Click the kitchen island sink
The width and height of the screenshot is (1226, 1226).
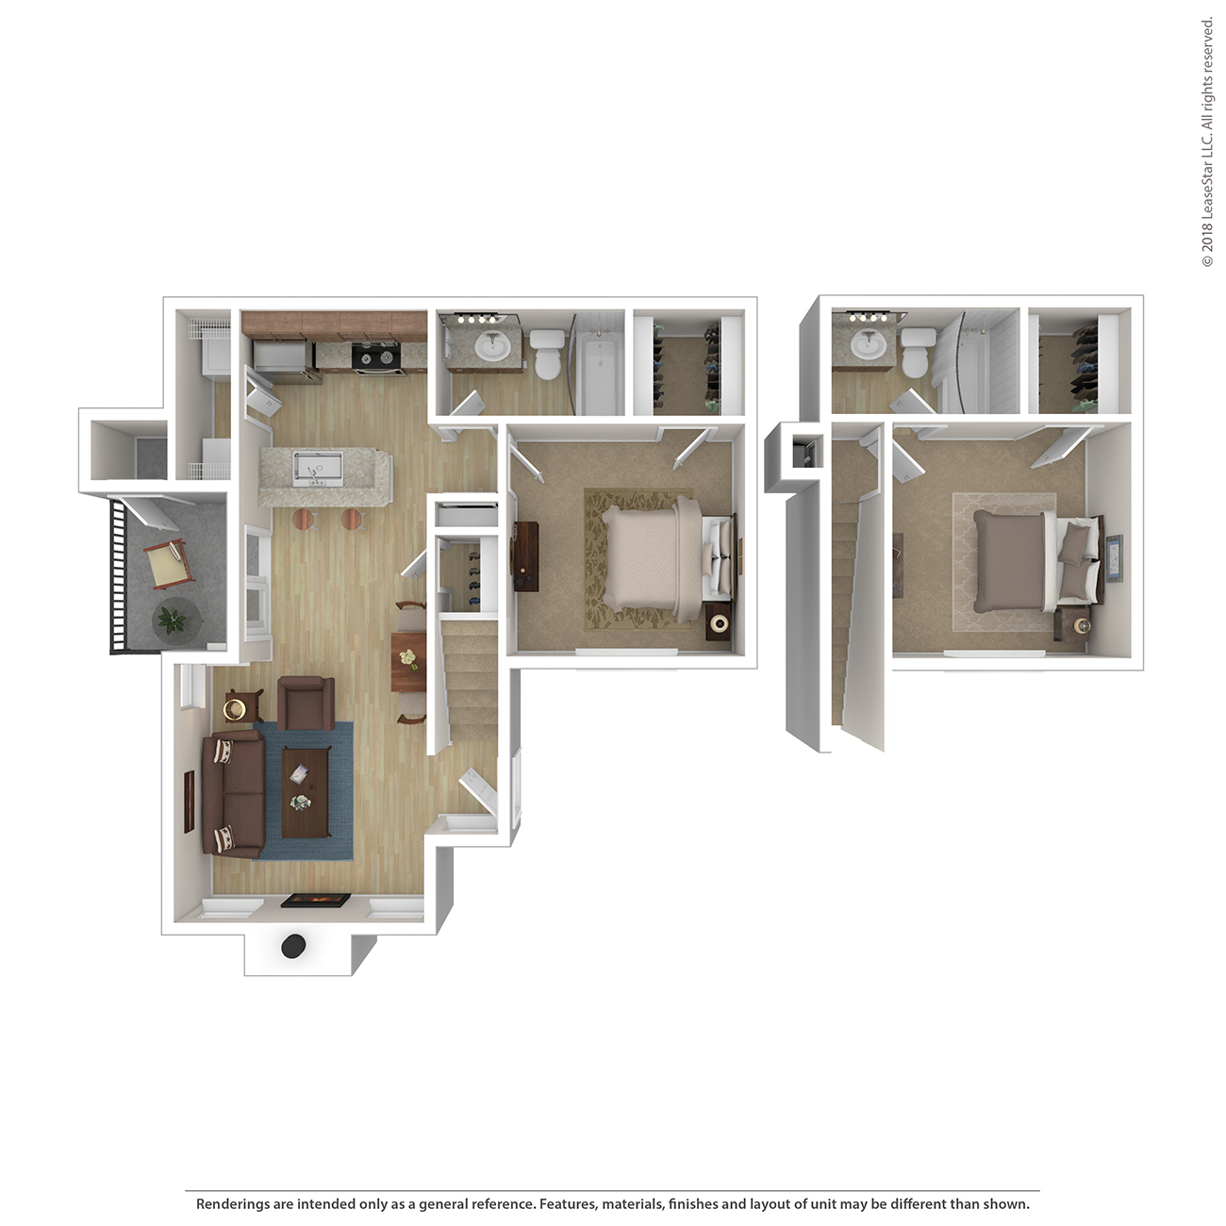[318, 469]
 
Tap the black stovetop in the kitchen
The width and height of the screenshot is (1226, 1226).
[376, 357]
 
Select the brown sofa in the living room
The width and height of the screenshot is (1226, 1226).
[233, 794]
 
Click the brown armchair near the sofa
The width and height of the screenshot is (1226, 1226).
[306, 703]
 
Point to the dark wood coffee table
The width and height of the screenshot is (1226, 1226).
[306, 791]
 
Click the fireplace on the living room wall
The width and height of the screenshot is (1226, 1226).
[316, 901]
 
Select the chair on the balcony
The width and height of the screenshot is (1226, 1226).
[167, 564]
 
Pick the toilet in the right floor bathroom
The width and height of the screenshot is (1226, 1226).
[916, 353]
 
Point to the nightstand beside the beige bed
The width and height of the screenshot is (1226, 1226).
[719, 622]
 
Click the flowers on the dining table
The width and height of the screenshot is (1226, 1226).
[408, 657]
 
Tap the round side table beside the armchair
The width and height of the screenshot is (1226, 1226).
[235, 708]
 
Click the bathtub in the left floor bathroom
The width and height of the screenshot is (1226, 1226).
[602, 376]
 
